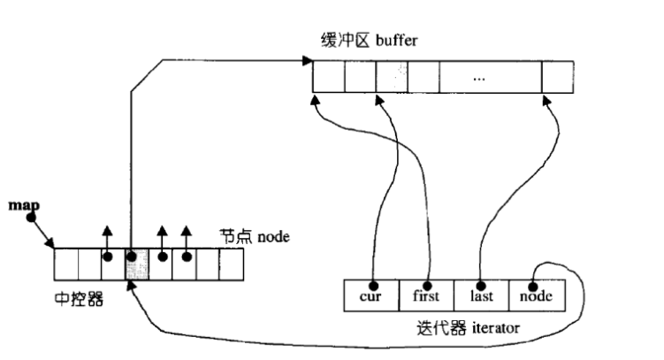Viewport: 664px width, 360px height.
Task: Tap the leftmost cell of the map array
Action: (x=66, y=264)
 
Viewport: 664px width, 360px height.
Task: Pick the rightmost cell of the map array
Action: (x=231, y=264)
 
